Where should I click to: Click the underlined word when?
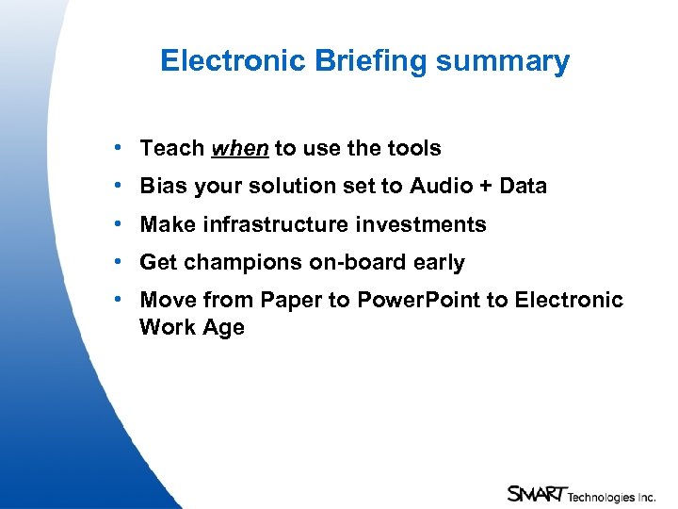point(240,148)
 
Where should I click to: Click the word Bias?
point(161,186)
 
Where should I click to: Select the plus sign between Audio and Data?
point(486,187)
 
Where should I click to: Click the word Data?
point(524,186)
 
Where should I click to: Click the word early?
point(438,262)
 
